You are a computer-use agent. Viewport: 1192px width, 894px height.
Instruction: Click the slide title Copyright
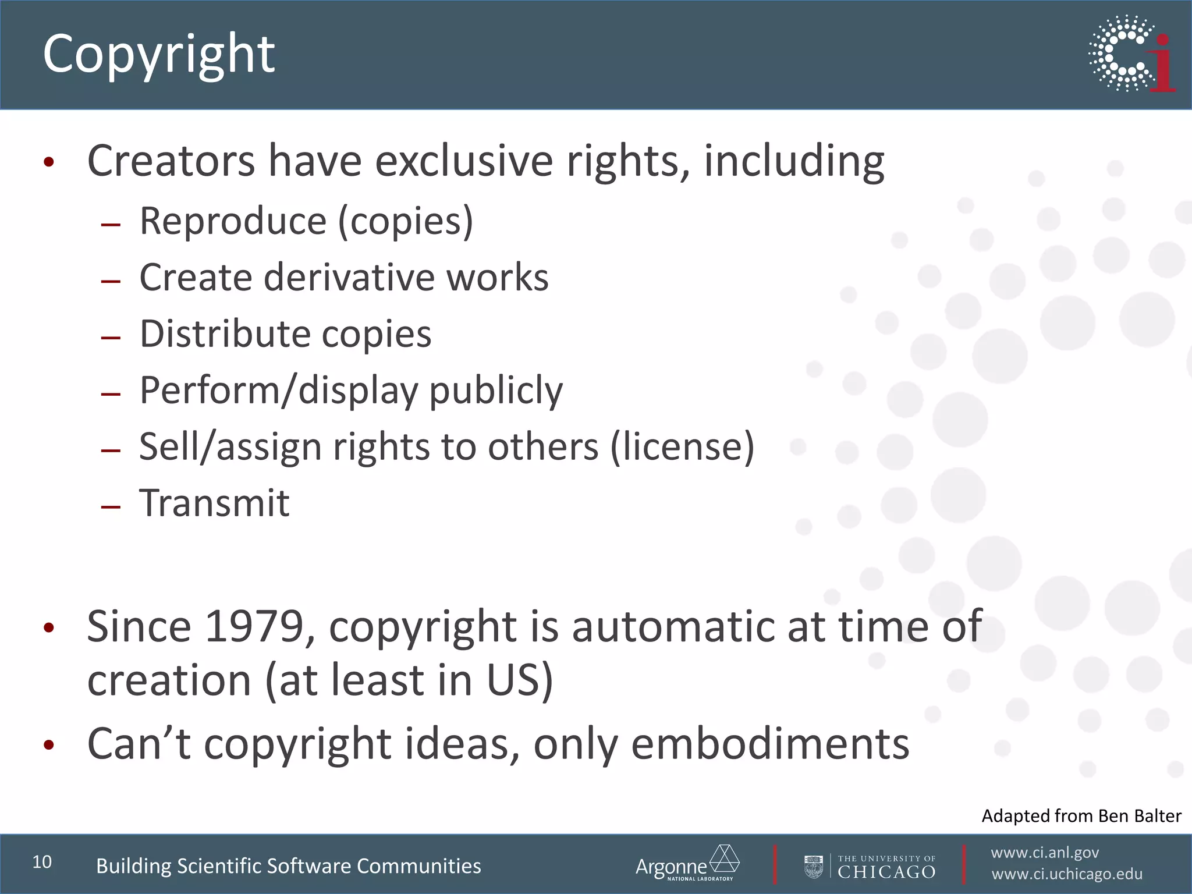click(x=158, y=54)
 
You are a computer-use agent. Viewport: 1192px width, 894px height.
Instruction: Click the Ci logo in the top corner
click(x=1131, y=54)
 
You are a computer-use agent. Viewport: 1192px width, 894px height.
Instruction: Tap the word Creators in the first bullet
click(x=171, y=161)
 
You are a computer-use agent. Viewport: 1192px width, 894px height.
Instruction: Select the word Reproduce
click(x=233, y=221)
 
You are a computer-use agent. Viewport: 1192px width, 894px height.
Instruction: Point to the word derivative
click(x=349, y=277)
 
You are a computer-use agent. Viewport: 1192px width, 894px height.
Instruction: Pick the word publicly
click(x=496, y=391)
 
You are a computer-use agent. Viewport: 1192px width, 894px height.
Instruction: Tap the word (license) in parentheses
click(x=682, y=447)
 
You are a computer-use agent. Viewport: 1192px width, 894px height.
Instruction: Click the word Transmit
click(x=214, y=503)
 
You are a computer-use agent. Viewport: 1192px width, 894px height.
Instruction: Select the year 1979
click(x=254, y=627)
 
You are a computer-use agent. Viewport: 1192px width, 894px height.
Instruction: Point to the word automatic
click(x=673, y=627)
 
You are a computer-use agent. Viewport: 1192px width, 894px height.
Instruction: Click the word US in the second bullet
click(x=514, y=680)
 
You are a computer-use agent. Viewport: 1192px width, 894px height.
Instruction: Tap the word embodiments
click(x=770, y=744)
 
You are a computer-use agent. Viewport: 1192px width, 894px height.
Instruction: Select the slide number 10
click(x=42, y=862)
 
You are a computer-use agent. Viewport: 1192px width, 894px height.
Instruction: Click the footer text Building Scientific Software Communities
click(x=289, y=866)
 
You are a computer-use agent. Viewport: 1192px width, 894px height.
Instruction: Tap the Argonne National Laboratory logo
click(x=687, y=864)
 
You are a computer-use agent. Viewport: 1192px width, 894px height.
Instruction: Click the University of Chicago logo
click(x=870, y=867)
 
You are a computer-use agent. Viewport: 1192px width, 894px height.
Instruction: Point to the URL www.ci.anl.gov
click(x=1045, y=853)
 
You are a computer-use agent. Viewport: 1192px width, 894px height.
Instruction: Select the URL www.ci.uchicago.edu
click(x=1067, y=874)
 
